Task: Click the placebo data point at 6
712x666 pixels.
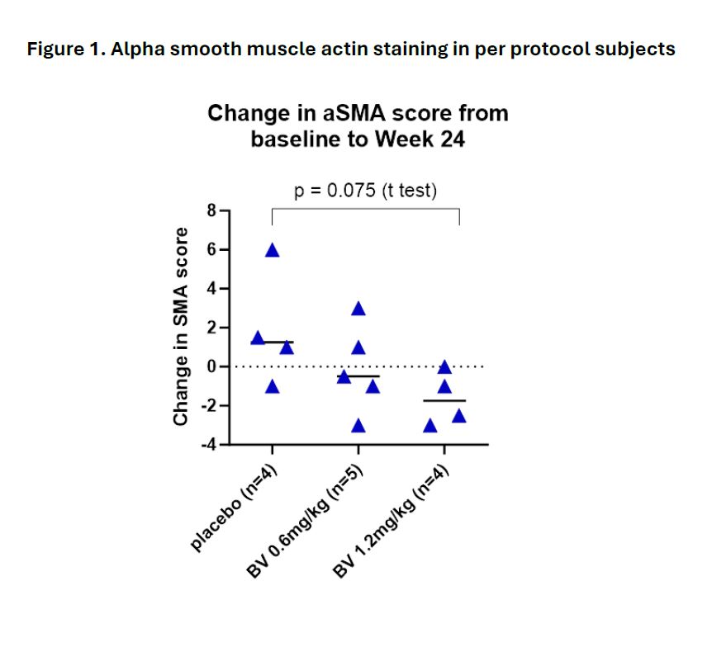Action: coord(272,250)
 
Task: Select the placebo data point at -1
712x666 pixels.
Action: coord(272,386)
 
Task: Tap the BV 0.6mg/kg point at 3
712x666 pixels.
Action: coord(358,309)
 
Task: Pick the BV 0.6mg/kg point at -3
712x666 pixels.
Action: coord(358,426)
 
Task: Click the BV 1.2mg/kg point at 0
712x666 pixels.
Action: coord(444,367)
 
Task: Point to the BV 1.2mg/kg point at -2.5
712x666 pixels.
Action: coord(459,416)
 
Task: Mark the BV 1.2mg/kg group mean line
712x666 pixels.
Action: coord(444,400)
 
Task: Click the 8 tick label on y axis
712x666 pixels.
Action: coord(211,210)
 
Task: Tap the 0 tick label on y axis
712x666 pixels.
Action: coord(211,367)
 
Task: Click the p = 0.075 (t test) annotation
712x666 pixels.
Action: coord(365,191)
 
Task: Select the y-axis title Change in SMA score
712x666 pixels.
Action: coord(180,327)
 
